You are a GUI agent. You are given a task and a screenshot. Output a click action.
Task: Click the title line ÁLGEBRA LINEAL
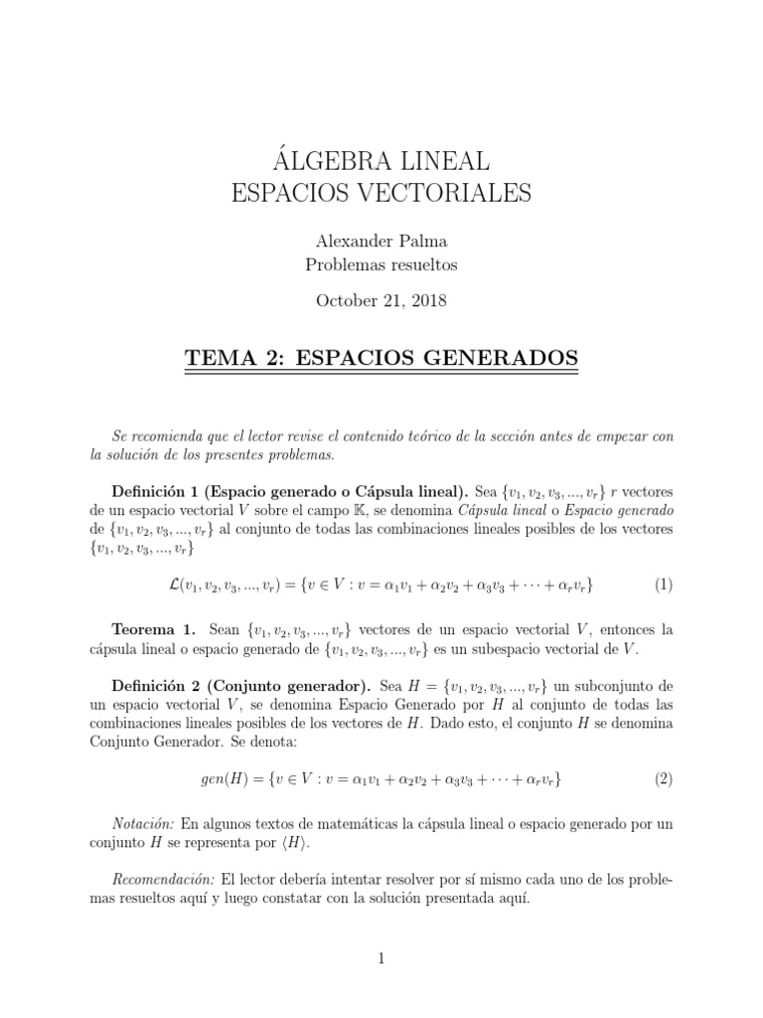pyautogui.click(x=381, y=161)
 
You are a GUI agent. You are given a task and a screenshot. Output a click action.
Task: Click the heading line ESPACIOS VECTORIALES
pyautogui.click(x=381, y=193)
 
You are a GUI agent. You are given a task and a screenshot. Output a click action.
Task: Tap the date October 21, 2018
pyautogui.click(x=381, y=301)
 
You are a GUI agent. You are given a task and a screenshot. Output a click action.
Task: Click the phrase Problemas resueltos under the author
pyautogui.click(x=381, y=264)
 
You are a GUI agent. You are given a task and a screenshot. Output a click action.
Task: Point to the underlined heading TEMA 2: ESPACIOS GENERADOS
pyautogui.click(x=381, y=355)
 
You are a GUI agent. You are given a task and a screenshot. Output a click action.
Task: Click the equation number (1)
pyautogui.click(x=664, y=585)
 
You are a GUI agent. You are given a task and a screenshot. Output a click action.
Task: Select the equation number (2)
pyautogui.click(x=664, y=778)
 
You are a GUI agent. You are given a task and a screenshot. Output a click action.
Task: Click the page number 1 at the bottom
pyautogui.click(x=381, y=957)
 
